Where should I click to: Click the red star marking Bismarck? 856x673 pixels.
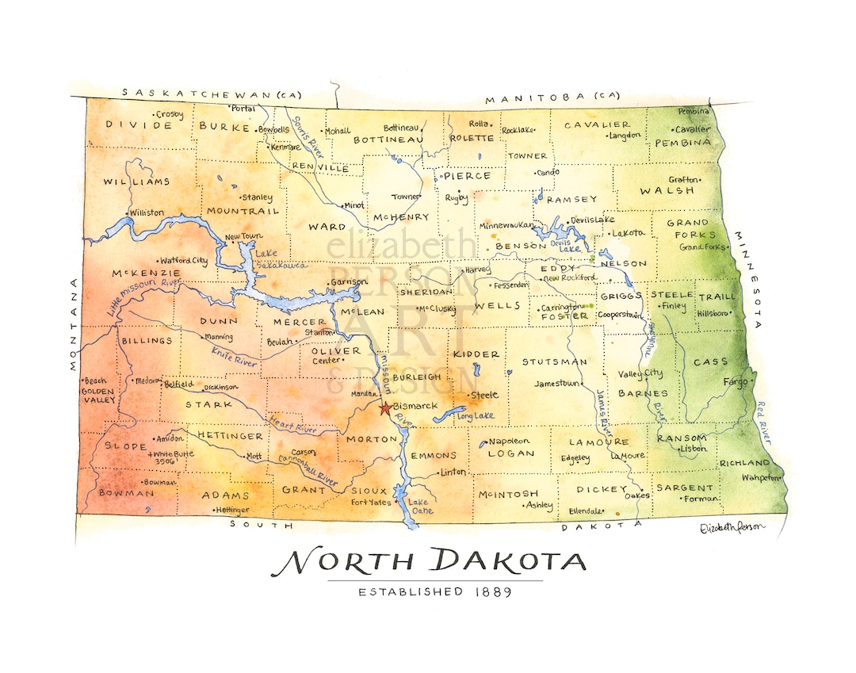pos(385,408)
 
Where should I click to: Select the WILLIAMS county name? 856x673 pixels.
pos(136,182)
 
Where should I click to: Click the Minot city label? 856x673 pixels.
pos(353,205)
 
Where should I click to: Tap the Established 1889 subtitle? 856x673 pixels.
pos(435,591)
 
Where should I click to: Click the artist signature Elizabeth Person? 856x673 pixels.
pos(733,528)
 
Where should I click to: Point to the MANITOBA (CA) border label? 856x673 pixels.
pos(552,98)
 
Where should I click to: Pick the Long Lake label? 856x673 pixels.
pos(476,416)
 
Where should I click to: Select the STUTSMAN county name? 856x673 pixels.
pos(554,361)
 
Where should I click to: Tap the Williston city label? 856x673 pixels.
pos(147,212)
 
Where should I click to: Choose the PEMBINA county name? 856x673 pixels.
pos(682,143)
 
